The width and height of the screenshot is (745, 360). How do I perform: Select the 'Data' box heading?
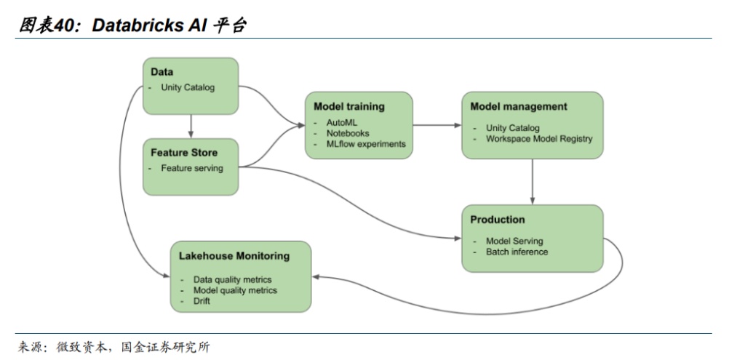(162, 72)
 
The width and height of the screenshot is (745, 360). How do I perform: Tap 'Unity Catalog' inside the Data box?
(188, 88)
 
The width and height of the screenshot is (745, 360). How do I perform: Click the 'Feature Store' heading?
(184, 153)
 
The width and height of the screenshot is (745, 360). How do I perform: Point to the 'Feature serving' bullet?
(192, 168)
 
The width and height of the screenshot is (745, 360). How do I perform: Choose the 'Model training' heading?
(349, 106)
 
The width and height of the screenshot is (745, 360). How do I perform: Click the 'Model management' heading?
(519, 106)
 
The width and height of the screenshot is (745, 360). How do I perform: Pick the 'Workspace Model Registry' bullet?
(539, 139)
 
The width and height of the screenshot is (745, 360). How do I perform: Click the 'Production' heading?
(498, 220)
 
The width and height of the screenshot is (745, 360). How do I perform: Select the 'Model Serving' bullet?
(514, 241)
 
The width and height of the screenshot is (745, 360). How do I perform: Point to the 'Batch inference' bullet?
(517, 252)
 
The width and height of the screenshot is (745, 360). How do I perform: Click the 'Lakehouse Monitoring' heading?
(234, 256)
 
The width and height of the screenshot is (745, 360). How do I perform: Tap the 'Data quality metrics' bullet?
(233, 279)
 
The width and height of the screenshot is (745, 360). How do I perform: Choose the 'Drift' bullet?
(202, 300)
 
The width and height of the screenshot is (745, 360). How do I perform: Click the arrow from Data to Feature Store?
(191, 127)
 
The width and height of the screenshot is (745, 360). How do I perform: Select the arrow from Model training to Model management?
(437, 125)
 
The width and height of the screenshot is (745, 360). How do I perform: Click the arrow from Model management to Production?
(533, 181)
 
